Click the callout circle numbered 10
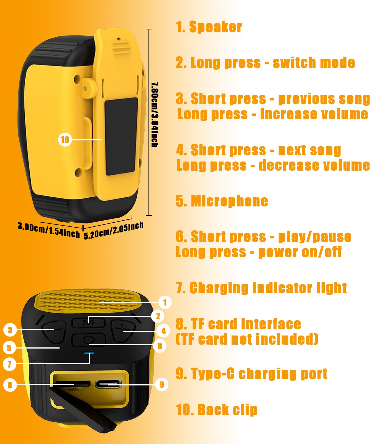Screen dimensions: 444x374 (x=65, y=140)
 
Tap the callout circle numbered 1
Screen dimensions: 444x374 (x=165, y=302)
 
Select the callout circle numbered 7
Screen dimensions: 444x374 (x=9, y=364)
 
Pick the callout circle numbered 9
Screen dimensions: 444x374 (x=162, y=385)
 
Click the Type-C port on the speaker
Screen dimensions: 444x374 (x=108, y=384)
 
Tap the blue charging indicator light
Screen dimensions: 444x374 (x=89, y=353)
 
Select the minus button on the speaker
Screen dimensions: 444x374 (x=54, y=331)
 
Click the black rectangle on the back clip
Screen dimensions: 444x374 (x=121, y=137)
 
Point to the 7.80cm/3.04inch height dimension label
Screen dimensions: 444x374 (x=155, y=114)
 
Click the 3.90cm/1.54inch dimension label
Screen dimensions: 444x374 (x=49, y=230)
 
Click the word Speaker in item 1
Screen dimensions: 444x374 (x=216, y=27)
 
